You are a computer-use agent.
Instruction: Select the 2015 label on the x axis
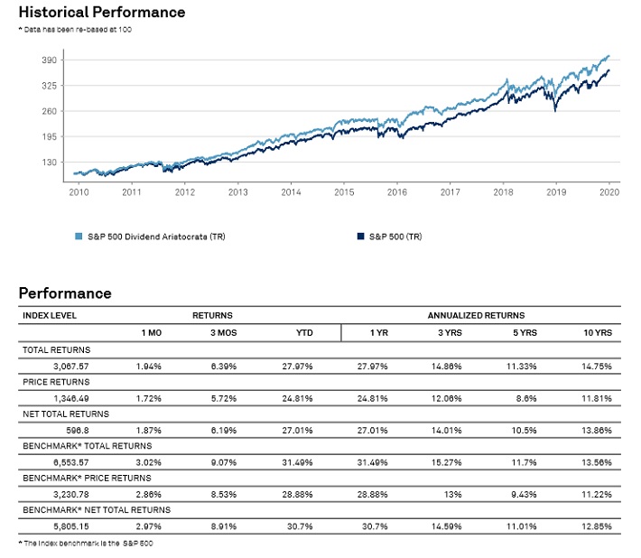344,192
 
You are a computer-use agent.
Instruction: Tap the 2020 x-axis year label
609,192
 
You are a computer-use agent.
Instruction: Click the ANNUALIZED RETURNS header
476,316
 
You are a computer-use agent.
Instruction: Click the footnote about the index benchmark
82,543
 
